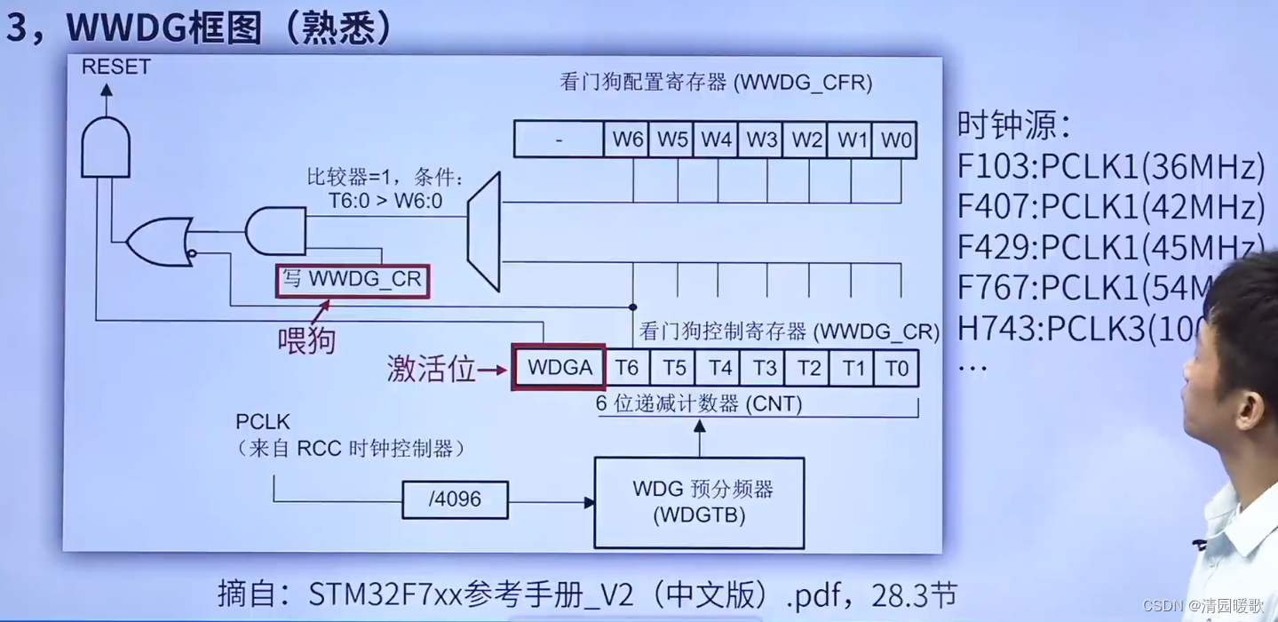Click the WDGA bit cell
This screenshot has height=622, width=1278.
[559, 367]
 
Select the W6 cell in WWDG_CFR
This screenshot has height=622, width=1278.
[627, 140]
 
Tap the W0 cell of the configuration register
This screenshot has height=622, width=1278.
[894, 140]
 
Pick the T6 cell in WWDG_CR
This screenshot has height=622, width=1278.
[627, 367]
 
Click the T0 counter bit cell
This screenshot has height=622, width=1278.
[896, 367]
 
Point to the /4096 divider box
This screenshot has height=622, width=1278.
[455, 499]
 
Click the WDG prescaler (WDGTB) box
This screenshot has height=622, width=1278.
[699, 501]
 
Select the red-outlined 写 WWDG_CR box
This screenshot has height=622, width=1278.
[353, 281]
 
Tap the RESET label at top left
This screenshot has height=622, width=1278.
[115, 67]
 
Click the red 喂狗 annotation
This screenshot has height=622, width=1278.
[306, 339]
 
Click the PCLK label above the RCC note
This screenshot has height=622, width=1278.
[263, 420]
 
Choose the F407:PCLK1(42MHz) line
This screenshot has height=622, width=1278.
[1111, 206]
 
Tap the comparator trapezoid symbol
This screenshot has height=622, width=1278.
[486, 232]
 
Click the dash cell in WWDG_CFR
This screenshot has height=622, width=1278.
[559, 140]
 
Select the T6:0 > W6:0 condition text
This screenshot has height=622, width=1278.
[385, 202]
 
